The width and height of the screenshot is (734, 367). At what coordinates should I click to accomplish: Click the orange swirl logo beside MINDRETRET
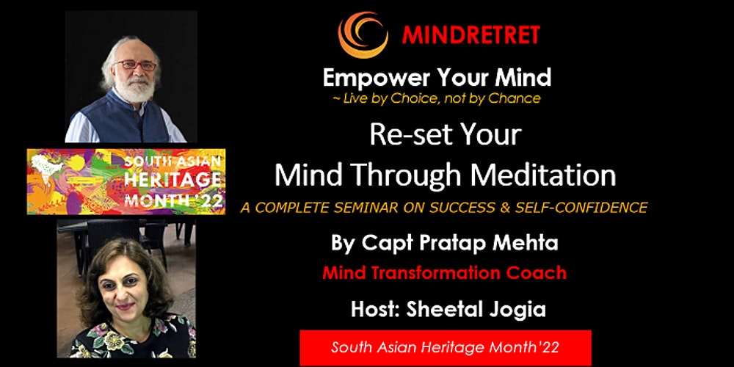coord(363,34)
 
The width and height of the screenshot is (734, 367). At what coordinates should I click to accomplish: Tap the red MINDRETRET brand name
coord(471,34)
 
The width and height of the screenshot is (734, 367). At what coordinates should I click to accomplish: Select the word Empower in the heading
coord(366,79)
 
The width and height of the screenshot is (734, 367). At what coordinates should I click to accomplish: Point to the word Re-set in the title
coord(400,134)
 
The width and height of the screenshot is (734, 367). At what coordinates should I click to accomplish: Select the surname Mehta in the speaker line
coord(528,244)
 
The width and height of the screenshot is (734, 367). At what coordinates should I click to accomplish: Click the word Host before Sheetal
coord(375,310)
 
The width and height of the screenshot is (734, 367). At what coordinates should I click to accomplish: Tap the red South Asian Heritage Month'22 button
coord(446,347)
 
